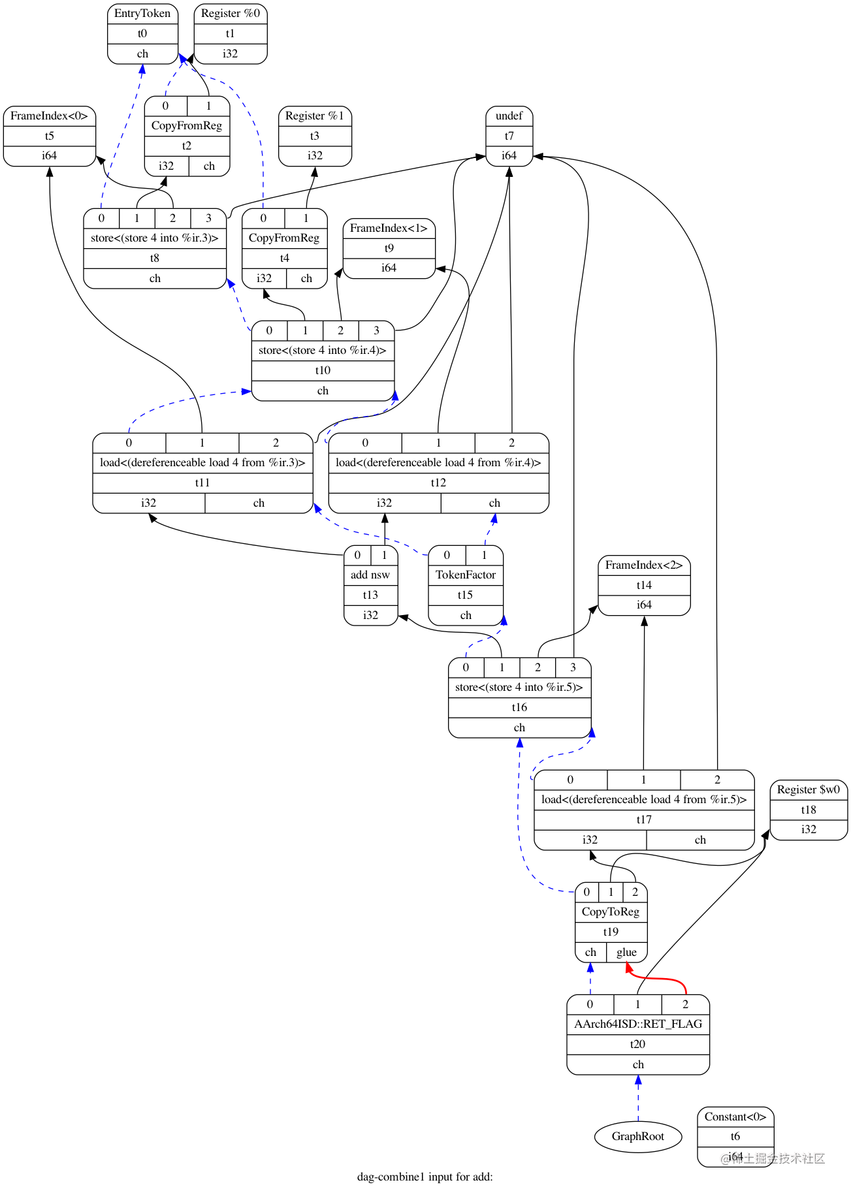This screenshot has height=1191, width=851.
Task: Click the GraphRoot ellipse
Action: (637, 1136)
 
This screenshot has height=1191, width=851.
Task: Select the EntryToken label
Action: (142, 13)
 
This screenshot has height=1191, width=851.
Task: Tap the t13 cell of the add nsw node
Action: (370, 595)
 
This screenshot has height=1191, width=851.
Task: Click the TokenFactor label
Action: (466, 575)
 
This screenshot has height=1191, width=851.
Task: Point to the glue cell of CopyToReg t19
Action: (626, 952)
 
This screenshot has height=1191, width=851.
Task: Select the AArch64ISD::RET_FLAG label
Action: (637, 1024)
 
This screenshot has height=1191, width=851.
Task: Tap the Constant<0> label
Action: (735, 1117)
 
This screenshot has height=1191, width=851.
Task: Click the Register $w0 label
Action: (808, 789)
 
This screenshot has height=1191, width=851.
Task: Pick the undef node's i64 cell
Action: (509, 155)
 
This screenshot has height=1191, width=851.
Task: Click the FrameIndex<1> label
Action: (389, 228)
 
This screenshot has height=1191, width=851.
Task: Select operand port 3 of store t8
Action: (208, 218)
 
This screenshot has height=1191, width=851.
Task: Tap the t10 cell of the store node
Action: (323, 370)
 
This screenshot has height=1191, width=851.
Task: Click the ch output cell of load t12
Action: (494, 503)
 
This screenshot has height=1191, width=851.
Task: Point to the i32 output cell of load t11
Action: (148, 503)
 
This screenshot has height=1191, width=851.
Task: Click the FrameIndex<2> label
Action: (643, 565)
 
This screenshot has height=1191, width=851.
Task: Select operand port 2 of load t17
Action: (717, 780)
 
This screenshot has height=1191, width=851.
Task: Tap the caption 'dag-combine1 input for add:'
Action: (425, 1177)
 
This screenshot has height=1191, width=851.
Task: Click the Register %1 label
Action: (314, 116)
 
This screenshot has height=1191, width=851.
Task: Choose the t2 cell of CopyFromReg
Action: (187, 146)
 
